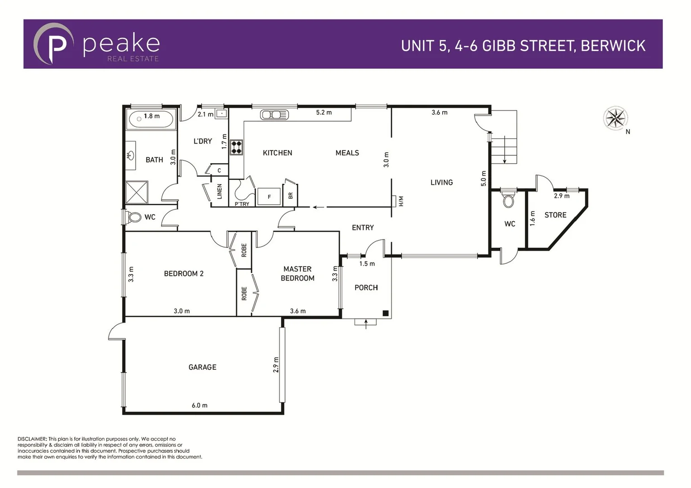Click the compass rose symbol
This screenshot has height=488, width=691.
coord(615,118)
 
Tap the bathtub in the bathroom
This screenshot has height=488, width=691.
coord(151,120)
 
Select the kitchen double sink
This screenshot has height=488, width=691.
coord(274,115)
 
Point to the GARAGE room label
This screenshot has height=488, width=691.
coord(202,367)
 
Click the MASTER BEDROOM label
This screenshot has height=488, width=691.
coord(298,273)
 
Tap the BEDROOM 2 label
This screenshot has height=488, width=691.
coord(184,273)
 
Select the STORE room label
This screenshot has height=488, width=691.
coord(555,215)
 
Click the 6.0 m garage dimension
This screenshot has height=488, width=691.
coord(199,405)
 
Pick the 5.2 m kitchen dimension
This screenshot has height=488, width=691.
coord(324,113)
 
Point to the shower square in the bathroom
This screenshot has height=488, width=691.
coord(137,192)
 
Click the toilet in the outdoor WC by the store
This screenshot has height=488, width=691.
coord(509,200)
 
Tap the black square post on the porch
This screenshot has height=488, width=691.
coord(385,313)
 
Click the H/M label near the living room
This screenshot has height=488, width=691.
coord(401,201)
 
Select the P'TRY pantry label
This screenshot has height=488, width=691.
coord(242,204)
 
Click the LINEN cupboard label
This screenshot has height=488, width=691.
coord(220,191)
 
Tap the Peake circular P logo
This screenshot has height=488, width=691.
coord(53,44)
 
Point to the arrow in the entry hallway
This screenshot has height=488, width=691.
coord(318,207)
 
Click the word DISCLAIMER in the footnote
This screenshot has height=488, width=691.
coord(32,439)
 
